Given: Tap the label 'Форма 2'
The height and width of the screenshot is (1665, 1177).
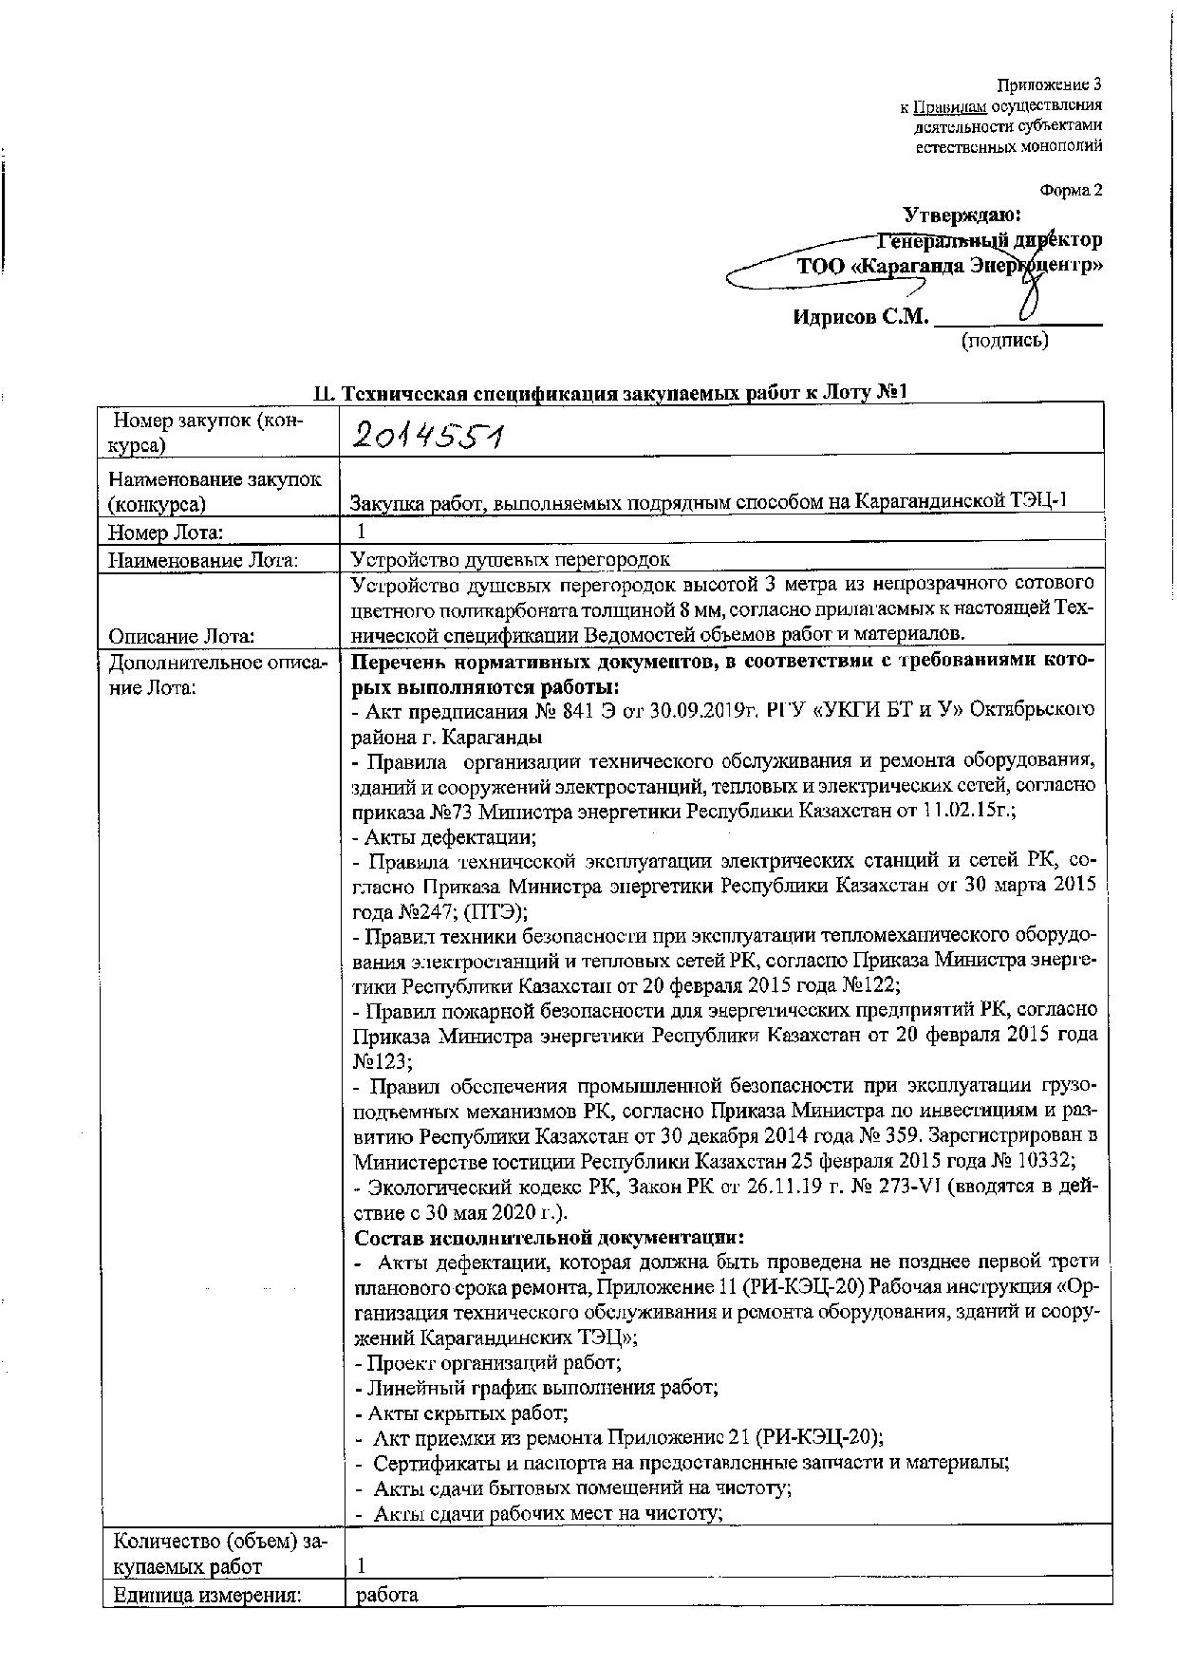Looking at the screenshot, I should click(x=1071, y=191).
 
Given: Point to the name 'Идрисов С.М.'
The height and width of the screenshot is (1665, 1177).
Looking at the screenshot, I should click(x=859, y=317).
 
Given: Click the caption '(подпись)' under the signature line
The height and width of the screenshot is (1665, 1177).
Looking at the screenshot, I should click(x=1005, y=340).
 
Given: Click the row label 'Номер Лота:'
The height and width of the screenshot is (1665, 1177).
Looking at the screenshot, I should click(x=166, y=533).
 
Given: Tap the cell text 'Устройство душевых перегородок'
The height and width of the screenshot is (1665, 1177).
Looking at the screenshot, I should click(x=511, y=560).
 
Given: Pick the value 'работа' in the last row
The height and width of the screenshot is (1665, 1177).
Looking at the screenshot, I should click(x=386, y=1594).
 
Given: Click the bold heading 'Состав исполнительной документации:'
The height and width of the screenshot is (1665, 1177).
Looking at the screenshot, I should click(x=549, y=1238).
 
